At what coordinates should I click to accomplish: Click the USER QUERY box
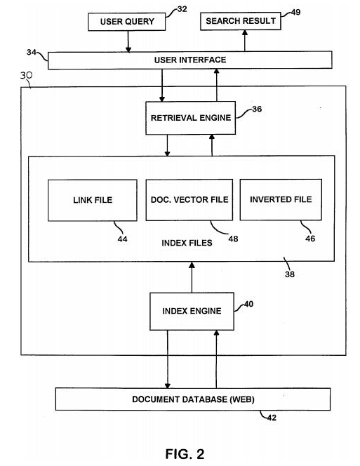126,21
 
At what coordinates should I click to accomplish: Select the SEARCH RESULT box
241,21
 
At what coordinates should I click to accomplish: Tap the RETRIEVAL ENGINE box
191,118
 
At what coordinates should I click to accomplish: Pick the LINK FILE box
93,200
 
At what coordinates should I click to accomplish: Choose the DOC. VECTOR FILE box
189,200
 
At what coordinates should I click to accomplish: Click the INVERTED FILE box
281,199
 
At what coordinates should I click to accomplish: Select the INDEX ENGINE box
192,311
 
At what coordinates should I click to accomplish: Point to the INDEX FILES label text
187,243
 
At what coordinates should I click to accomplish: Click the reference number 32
182,9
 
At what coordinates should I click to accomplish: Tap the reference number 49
295,12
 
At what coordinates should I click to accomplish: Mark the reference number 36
257,109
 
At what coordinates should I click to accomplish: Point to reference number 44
123,239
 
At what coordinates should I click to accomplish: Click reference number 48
234,239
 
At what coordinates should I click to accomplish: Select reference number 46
310,239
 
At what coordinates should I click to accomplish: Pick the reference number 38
290,274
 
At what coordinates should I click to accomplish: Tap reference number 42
272,418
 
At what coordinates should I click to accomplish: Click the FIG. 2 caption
185,454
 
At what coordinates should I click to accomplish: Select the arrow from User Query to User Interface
128,41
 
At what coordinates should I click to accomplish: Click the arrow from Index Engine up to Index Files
192,277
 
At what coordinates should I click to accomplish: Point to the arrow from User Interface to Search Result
245,41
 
